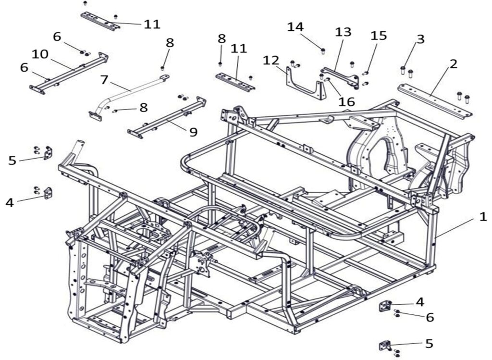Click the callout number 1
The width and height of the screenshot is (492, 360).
click(482, 217)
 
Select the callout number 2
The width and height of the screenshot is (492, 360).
click(453, 64)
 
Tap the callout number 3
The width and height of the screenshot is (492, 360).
click(420, 39)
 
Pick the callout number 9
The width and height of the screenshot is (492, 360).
click(193, 132)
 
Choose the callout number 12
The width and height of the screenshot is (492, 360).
click(271, 61)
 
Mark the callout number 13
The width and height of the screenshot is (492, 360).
click(343, 33)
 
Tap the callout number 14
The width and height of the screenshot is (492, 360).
click(295, 27)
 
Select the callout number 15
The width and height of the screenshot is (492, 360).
click(379, 36)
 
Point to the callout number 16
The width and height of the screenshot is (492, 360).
click(346, 101)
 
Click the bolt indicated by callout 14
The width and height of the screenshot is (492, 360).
click(323, 50)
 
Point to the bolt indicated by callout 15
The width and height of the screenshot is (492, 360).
click(366, 74)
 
